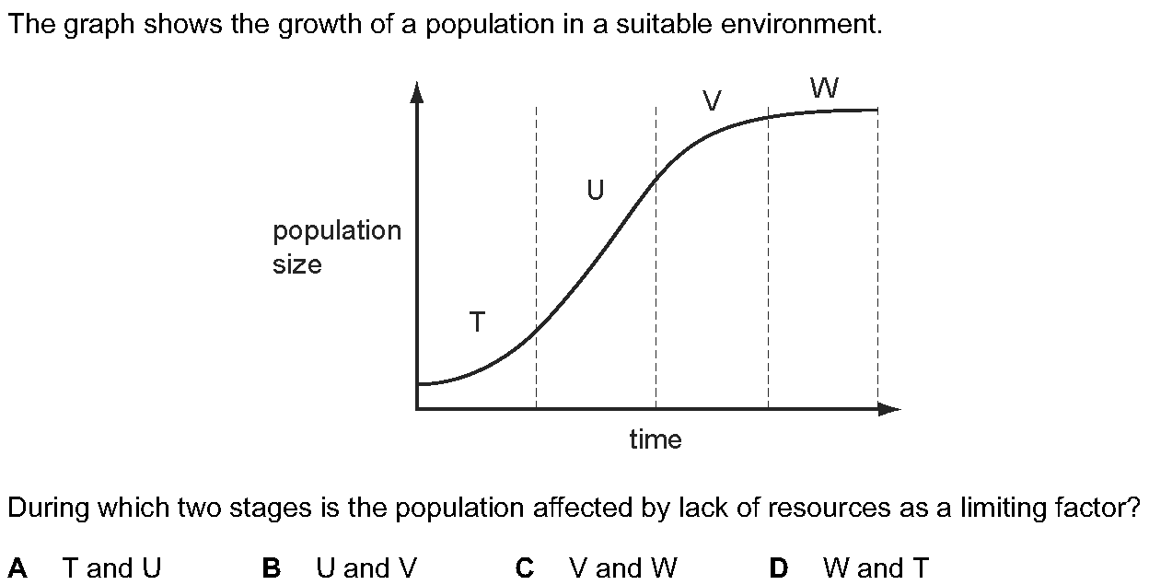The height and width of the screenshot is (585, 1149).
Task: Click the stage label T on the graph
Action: (476, 322)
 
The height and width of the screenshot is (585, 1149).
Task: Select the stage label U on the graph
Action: (596, 191)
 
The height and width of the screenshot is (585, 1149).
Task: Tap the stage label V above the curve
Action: (711, 99)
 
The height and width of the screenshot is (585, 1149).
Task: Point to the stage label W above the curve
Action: (824, 88)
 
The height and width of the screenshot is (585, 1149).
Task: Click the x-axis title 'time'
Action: (656, 440)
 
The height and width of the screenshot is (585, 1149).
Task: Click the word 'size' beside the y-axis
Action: (296, 265)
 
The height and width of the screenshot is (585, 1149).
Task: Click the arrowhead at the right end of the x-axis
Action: (889, 409)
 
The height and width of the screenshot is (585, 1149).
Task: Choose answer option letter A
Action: (16, 568)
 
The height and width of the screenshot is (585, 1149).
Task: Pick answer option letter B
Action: (271, 568)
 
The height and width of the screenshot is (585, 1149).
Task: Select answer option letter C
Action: (525, 568)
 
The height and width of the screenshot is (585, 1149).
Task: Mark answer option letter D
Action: (779, 568)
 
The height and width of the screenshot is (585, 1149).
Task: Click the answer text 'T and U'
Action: (111, 568)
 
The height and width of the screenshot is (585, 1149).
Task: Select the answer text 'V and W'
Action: (623, 568)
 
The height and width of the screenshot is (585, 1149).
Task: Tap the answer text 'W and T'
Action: (876, 568)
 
